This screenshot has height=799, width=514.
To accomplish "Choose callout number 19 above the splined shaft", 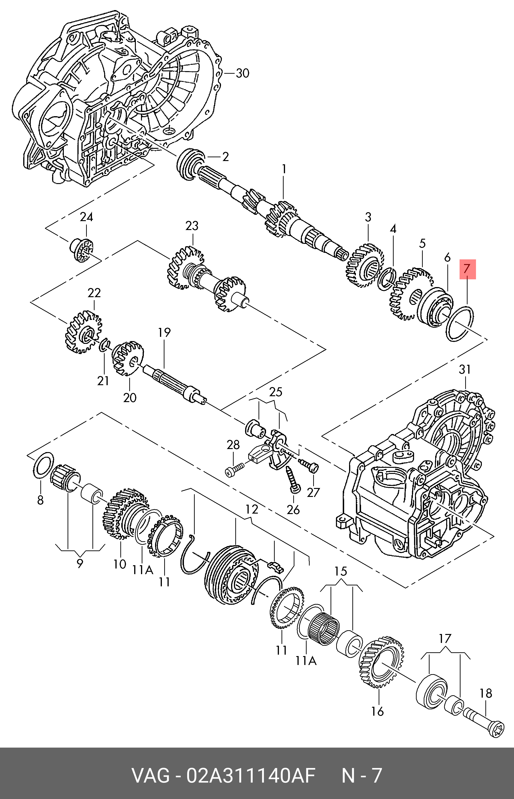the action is coord(164,333).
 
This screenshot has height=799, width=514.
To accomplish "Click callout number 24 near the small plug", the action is coord(86,217).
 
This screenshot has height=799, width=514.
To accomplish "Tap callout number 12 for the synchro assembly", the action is coord(252,509).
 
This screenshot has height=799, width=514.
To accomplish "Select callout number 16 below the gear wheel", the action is coord(377,711).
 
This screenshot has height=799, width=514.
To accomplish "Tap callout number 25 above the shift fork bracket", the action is coord(276,392).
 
